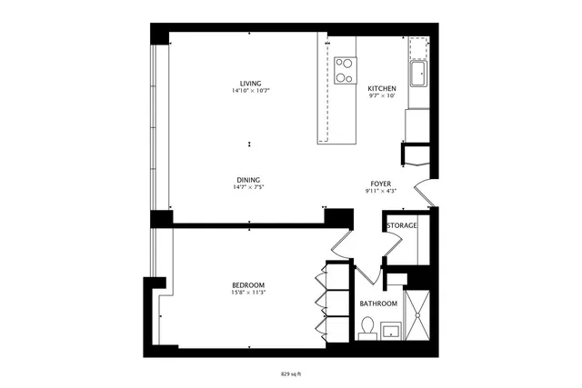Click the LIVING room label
pyautogui.click(x=250, y=84)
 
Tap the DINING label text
pyautogui.click(x=250, y=179)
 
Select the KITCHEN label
pyautogui.click(x=382, y=88)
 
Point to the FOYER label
pyautogui.click(x=380, y=184)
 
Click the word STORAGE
pyautogui.click(x=401, y=225)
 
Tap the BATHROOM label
pyautogui.click(x=377, y=303)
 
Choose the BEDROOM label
pyautogui.click(x=247, y=285)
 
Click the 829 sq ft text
pyautogui.click(x=291, y=373)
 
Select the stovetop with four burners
pyautogui.click(x=345, y=70)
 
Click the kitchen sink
pyautogui.click(x=419, y=73)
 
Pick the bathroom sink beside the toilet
pyautogui.click(x=392, y=330)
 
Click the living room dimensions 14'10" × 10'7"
pyautogui.click(x=250, y=91)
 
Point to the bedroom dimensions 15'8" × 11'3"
pyautogui.click(x=247, y=293)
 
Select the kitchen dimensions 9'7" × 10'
pyautogui.click(x=382, y=95)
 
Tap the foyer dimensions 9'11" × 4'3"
pyautogui.click(x=380, y=191)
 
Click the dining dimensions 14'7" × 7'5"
pyautogui.click(x=250, y=187)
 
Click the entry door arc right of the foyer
pyautogui.click(x=424, y=194)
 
